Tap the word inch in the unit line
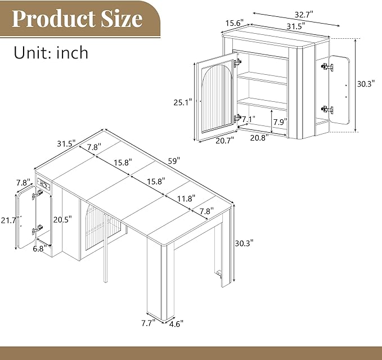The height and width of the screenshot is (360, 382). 72,52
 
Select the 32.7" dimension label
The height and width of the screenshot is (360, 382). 304,15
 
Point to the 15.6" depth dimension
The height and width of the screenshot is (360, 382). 235,24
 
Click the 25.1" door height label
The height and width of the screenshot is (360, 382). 183,102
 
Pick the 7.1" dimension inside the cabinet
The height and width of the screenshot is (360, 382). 248,119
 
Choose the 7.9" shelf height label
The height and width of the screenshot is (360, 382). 280,122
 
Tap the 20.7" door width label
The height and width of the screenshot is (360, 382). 224,141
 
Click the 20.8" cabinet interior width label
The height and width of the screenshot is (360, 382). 259,138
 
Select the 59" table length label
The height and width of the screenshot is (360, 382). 174,161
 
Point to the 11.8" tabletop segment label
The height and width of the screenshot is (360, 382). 186,199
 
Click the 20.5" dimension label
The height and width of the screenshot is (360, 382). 62,219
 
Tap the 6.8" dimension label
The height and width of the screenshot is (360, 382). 40,249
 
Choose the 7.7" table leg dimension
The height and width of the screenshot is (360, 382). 149,323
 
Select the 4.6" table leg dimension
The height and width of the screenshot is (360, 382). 176,324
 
